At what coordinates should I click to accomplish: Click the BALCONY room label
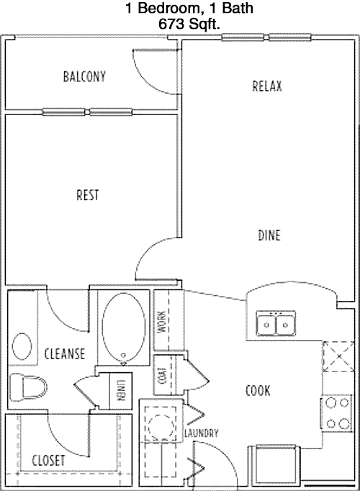tap(84, 76)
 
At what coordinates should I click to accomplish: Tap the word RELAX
tap(267, 86)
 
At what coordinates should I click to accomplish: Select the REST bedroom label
tap(88, 195)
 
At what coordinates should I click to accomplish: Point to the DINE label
tap(269, 235)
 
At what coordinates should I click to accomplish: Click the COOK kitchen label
tap(258, 390)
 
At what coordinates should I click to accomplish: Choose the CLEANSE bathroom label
tap(65, 353)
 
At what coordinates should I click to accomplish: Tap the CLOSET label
tap(48, 460)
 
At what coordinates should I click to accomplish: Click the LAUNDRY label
tap(202, 433)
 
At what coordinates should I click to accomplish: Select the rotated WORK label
tap(162, 322)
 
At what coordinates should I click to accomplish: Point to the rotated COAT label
tap(163, 375)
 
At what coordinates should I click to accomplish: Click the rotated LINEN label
tap(120, 390)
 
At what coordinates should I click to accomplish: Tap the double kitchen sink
tap(276, 323)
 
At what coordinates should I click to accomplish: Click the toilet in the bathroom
tap(27, 386)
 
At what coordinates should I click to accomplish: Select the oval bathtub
tap(124, 328)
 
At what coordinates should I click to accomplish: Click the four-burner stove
tap(337, 413)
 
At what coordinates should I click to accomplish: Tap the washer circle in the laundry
tap(161, 425)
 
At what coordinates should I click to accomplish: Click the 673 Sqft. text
tap(189, 24)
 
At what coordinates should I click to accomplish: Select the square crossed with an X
tap(338, 356)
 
